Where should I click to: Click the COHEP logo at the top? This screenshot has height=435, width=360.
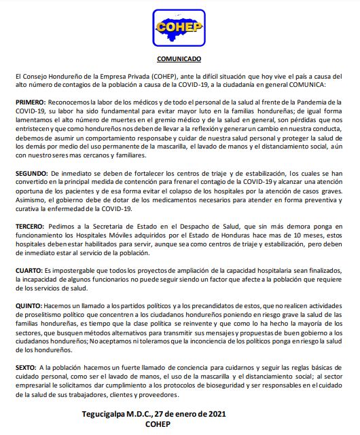coord(179,27)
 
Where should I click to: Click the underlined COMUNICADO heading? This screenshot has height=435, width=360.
coord(179,59)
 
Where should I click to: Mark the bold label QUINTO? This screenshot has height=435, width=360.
coord(28,306)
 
